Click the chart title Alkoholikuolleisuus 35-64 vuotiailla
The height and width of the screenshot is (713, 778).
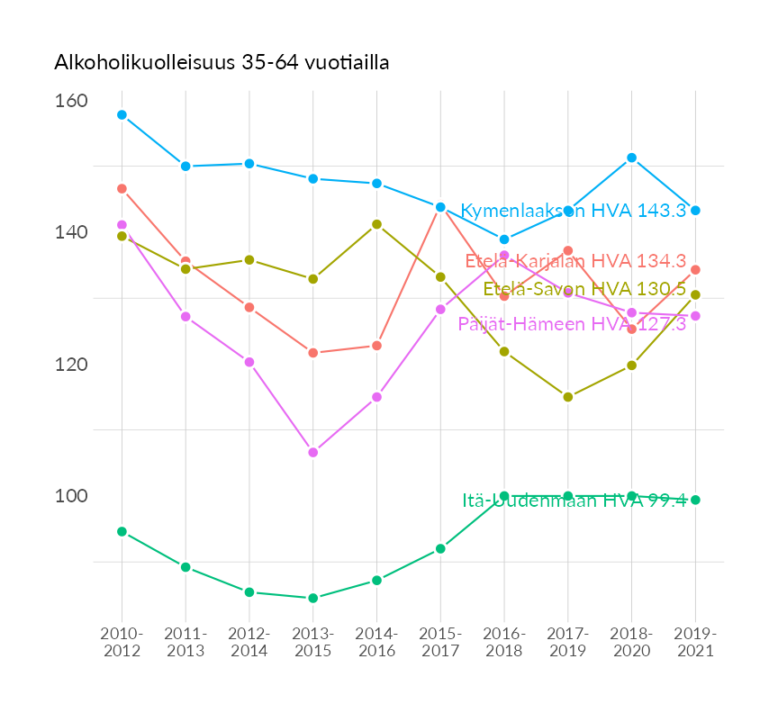point(222,63)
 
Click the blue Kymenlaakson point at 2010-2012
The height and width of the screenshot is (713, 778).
point(122,115)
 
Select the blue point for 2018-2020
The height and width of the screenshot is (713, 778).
point(632,158)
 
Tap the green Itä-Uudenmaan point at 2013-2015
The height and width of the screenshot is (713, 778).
point(313,598)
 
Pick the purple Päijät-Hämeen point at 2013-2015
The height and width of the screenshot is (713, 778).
point(313,453)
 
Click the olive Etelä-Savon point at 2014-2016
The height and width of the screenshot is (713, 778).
point(377,224)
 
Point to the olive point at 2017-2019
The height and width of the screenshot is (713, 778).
point(568,397)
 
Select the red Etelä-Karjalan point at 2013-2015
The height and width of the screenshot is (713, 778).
point(313,353)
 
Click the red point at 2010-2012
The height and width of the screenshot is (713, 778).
point(122,189)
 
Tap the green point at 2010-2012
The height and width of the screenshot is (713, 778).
point(122,532)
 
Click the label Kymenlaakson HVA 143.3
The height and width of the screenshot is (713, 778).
point(574,211)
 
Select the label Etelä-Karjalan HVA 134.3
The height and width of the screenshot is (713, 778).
point(576,261)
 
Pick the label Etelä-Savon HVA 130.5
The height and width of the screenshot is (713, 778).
point(584,289)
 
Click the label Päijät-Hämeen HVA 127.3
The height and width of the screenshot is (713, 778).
point(572,324)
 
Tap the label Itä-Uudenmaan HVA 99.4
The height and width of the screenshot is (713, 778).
point(574,501)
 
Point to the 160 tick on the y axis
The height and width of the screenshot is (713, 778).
point(71,101)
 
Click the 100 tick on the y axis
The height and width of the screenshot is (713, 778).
point(71,496)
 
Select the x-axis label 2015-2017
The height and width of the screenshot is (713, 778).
point(440,642)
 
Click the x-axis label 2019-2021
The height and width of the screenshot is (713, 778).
point(695,642)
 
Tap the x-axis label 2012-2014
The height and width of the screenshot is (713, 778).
point(249,642)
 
